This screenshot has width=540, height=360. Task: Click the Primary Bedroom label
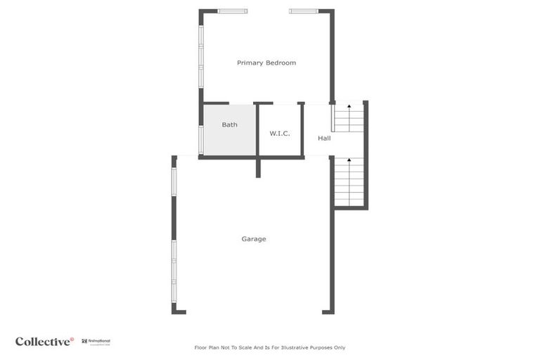pyautogui.click(x=266, y=63)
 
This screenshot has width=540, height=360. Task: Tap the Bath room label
pyautogui.click(x=229, y=125)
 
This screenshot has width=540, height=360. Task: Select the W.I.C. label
pyautogui.click(x=279, y=134)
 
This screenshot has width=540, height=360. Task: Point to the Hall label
pyautogui.click(x=324, y=139)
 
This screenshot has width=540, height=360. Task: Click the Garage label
pyautogui.click(x=254, y=239)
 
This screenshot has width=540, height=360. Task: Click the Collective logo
pyautogui.click(x=44, y=342)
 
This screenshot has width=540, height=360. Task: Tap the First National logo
pyautogui.click(x=96, y=342)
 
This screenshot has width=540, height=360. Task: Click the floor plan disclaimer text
pyautogui.click(x=269, y=347)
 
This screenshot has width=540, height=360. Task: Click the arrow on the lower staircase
pyautogui.click(x=349, y=162)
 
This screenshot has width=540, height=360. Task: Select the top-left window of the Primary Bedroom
pyautogui.click(x=232, y=11)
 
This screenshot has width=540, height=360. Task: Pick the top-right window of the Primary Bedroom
pyautogui.click(x=304, y=11)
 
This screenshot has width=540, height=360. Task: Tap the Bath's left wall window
pyautogui.click(x=201, y=139)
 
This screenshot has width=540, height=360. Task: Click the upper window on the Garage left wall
pyautogui.click(x=174, y=181)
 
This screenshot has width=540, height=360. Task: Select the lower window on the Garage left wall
pyautogui.click(x=174, y=271)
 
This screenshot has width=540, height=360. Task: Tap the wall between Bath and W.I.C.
pyautogui.click(x=257, y=130)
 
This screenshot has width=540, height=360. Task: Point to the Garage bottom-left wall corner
pyautogui.click(x=175, y=310)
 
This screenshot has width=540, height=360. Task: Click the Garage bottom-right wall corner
pyautogui.click(x=330, y=310)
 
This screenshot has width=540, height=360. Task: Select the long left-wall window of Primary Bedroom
pyautogui.click(x=201, y=57)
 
